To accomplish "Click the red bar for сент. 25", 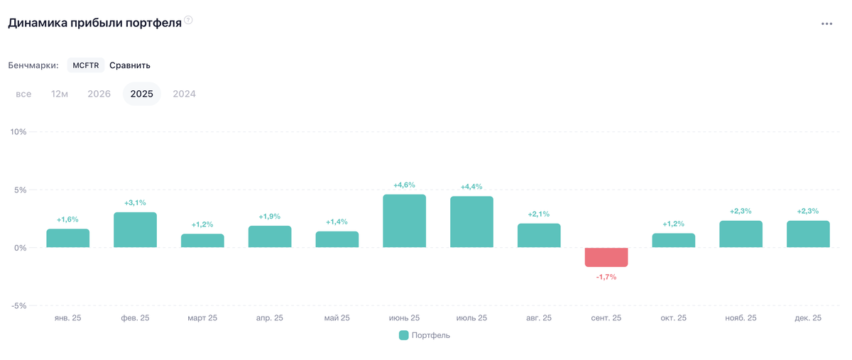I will click(606, 257).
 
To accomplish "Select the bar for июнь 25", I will click(404, 221).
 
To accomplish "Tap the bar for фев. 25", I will click(135, 229).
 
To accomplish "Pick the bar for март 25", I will click(202, 241).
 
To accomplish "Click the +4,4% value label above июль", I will click(471, 187).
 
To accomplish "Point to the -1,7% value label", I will click(606, 277).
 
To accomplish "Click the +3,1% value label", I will click(135, 203).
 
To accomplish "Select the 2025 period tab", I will click(141, 94).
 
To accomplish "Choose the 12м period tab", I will click(60, 94).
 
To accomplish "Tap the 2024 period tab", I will click(184, 94).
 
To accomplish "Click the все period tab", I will click(23, 94).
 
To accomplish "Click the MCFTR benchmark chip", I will click(86, 65).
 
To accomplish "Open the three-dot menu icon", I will click(826, 23).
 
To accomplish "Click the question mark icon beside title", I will click(188, 21).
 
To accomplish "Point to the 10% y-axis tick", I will click(18, 132).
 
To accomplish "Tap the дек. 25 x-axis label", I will click(808, 318).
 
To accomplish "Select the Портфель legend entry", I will click(425, 335).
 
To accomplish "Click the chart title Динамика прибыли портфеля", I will click(94, 23).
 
